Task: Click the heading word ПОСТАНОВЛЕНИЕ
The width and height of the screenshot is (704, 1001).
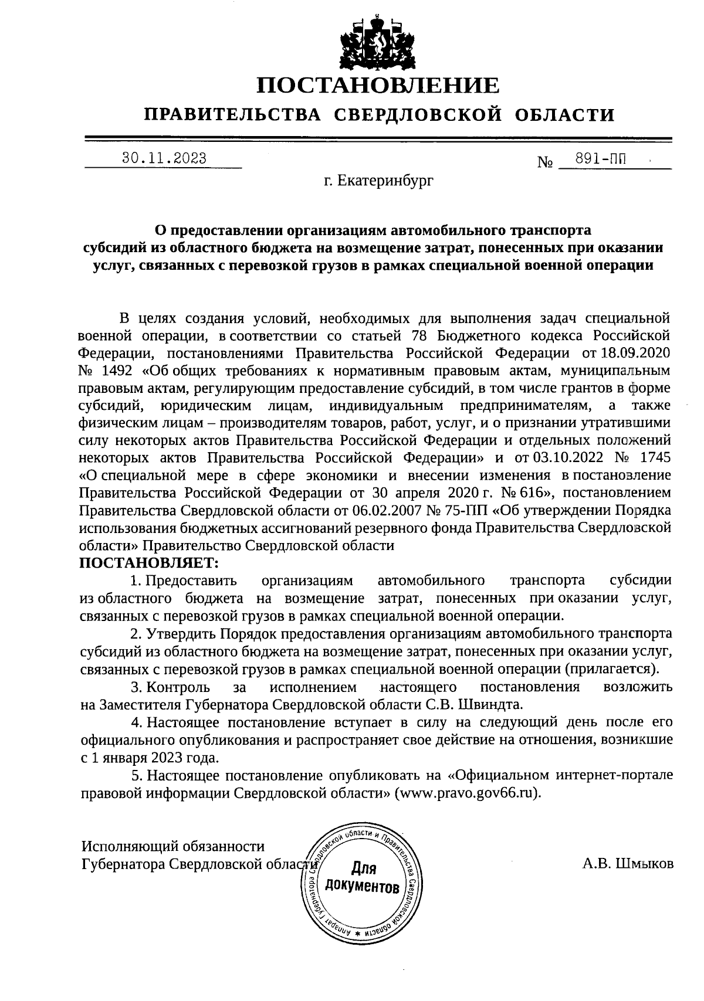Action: tap(378, 86)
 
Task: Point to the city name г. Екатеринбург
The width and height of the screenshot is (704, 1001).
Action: tap(379, 181)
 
